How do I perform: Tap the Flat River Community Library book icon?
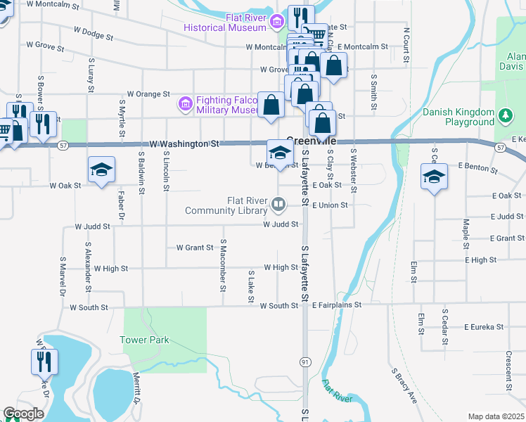(x=279, y=205)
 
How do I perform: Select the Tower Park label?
(x=145, y=340)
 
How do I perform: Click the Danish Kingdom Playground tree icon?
(x=504, y=115)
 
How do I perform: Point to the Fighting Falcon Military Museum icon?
(x=186, y=105)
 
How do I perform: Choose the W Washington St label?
(x=181, y=143)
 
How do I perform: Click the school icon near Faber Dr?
(x=101, y=169)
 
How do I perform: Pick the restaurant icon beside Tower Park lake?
(x=43, y=362)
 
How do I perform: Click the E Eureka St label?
(x=485, y=327)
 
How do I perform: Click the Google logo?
(x=23, y=414)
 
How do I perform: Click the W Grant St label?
(x=195, y=248)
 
